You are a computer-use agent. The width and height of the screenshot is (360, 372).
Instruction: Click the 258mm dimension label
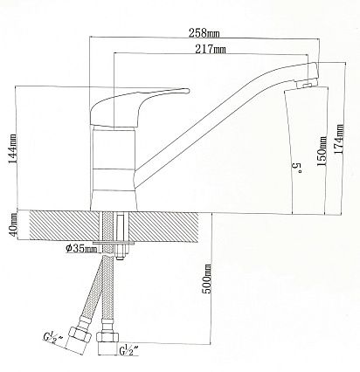204,32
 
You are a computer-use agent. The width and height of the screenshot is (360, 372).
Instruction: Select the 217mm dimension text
211,49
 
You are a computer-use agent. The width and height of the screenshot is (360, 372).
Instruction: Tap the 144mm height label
12,149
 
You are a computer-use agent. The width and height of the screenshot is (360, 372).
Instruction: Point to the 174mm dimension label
338,139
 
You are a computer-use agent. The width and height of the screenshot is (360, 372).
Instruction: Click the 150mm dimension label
322,151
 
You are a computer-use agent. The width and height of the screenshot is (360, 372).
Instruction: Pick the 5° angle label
297,169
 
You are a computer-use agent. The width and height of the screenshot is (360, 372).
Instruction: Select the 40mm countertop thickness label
13,225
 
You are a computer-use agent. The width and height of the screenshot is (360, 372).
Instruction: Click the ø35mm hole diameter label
81,249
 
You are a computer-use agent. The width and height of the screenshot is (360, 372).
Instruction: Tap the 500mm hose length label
207,279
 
